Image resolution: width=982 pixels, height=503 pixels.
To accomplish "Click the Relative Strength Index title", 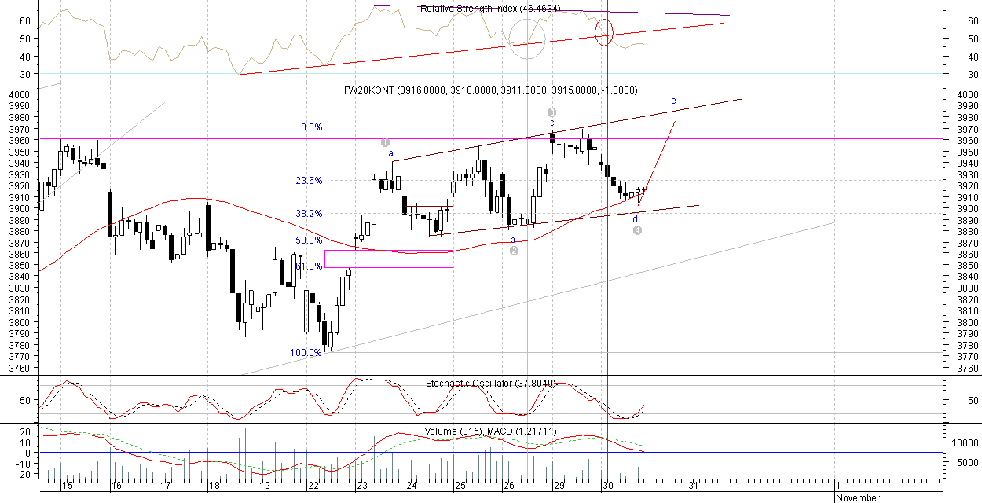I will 479,9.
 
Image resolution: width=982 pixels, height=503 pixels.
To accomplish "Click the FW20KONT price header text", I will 490,90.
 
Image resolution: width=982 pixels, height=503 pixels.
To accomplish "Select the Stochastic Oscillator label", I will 490,384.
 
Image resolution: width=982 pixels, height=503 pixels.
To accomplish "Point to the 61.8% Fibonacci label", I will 309,266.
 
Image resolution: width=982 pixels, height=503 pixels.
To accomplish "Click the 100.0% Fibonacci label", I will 306,353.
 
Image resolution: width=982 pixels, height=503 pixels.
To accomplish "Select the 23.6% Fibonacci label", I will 309,181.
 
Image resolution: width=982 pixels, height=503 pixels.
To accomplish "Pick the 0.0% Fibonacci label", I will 312,127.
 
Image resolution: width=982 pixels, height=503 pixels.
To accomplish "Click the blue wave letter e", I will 673,101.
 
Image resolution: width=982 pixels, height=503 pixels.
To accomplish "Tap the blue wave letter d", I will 636,218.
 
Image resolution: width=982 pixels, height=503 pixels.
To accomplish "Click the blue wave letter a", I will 390,154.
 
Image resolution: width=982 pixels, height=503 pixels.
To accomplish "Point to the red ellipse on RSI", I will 604,32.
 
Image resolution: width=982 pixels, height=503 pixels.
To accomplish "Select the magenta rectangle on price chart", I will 388,259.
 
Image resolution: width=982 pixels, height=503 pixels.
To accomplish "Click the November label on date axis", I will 858,497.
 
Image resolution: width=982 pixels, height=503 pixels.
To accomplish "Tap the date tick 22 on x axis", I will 313,486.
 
